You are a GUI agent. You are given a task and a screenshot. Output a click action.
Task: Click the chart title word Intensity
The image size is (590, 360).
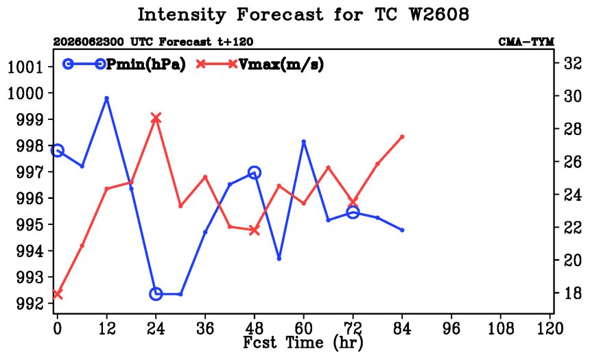(181, 15)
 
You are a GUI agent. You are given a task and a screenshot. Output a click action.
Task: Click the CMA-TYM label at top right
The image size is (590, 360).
(526, 42)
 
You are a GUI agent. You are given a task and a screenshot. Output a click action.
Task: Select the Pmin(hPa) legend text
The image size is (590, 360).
(146, 64)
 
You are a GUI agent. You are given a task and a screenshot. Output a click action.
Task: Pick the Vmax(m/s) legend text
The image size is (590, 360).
(281, 64)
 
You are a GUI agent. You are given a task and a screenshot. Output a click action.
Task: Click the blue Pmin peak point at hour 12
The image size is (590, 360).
(106, 98)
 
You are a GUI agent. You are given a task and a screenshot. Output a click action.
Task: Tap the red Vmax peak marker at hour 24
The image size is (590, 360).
(156, 118)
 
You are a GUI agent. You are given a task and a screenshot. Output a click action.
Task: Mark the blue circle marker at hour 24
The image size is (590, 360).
(156, 293)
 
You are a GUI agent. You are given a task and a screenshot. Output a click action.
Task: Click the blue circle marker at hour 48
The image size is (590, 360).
(255, 173)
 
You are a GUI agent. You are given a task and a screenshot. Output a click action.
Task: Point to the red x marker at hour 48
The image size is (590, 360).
(255, 230)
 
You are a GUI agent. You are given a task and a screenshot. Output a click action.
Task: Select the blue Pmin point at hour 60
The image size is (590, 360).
(304, 142)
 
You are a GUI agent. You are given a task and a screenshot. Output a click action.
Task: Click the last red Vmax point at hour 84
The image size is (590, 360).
(402, 136)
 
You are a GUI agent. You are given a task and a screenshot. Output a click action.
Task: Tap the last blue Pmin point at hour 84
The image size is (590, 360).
(402, 230)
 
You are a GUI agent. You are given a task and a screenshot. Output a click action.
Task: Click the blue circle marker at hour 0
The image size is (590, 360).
(57, 150)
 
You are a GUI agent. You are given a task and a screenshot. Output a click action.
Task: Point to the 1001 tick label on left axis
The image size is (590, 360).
(25, 67)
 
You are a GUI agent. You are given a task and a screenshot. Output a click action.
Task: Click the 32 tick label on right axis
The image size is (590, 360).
(572, 63)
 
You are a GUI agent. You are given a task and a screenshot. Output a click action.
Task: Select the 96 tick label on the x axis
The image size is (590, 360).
(451, 328)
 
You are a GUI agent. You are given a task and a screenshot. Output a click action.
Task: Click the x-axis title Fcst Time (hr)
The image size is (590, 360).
(303, 343)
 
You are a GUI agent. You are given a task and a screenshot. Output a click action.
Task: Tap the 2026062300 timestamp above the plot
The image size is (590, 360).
(88, 42)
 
